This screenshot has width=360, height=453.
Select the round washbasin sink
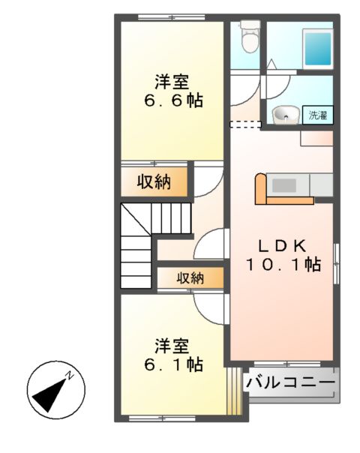(284, 115)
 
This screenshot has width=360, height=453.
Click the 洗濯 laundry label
(318, 115)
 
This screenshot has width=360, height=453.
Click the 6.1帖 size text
(172, 365)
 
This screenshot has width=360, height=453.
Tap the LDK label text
(283, 245)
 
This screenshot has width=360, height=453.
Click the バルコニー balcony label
(290, 382)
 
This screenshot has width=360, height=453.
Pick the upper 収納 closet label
(154, 181)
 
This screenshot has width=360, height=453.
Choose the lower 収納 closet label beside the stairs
(190, 277)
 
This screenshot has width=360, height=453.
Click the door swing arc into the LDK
(213, 243)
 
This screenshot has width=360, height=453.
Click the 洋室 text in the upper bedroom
(172, 80)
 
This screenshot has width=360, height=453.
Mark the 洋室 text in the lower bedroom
(172, 346)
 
